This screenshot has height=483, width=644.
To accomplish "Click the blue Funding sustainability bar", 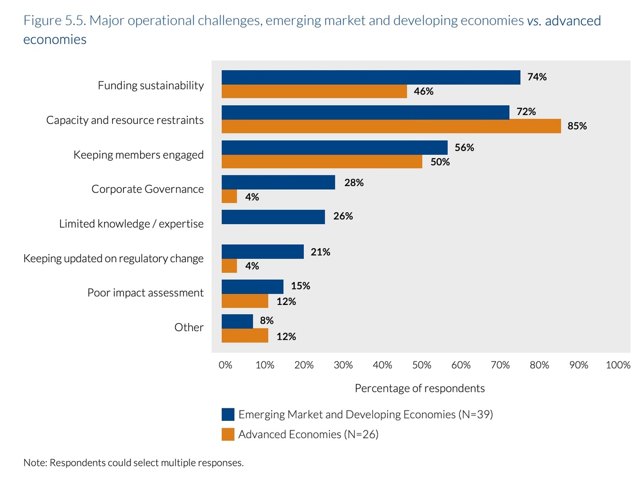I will click(371, 77).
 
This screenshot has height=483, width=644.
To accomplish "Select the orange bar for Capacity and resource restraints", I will click(391, 127).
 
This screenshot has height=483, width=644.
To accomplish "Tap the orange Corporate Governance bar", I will click(229, 197).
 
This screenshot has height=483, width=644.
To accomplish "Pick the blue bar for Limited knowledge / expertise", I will click(273, 217).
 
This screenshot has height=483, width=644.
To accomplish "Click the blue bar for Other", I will click(237, 321).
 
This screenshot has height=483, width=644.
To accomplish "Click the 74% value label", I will click(537, 77).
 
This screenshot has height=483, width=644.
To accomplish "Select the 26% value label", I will click(342, 217).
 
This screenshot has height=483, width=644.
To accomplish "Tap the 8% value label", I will click(266, 321).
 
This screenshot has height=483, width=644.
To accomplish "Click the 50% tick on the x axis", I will click(422, 365).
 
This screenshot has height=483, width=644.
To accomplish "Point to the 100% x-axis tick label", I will click(618, 365).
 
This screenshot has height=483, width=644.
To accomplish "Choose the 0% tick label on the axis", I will click(225, 365).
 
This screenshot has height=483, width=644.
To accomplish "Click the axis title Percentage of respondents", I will click(420, 388).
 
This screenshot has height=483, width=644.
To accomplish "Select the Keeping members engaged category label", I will click(138, 155).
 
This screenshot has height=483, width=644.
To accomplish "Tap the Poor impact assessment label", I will click(145, 293).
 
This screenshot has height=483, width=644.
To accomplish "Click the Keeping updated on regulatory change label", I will click(113, 258).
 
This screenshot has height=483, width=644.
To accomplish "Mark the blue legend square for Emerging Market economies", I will click(228, 414).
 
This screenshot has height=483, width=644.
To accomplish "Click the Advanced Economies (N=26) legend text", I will click(308, 434).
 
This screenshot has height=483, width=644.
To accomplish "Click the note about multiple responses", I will click(134, 462).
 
